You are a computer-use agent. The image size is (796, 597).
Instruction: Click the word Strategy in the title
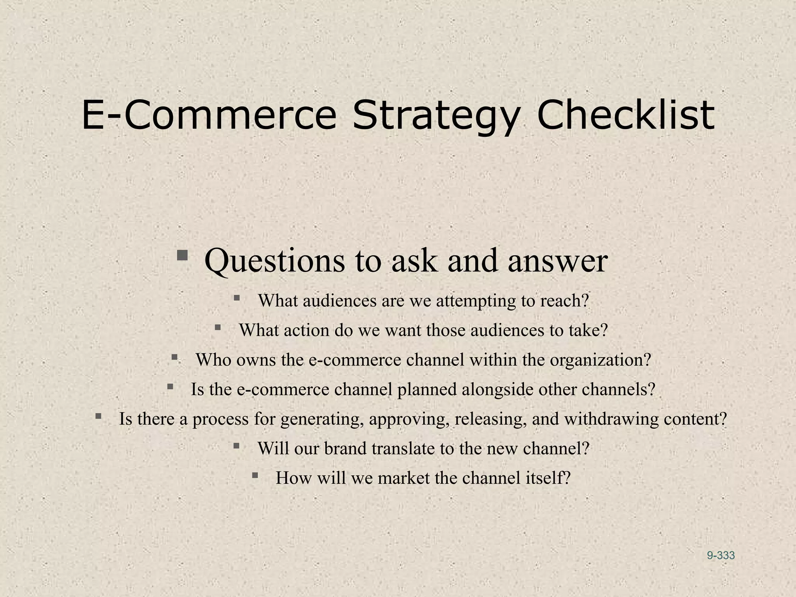[436, 115]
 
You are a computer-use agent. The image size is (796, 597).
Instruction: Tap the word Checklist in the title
[625, 115]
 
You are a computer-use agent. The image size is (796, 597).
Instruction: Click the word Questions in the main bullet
[274, 261]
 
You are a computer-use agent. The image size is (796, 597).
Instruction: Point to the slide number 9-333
[721, 555]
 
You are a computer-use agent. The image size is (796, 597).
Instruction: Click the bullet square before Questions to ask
[182, 256]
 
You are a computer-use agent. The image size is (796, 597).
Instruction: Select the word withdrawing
[611, 419]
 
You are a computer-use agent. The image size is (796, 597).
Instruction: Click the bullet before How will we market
[255, 475]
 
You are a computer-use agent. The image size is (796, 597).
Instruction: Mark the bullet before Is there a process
[98, 416]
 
